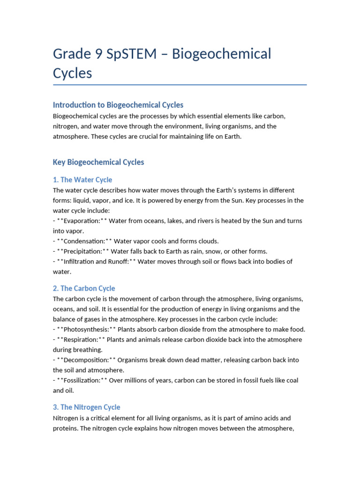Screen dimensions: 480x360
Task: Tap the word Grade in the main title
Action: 71,54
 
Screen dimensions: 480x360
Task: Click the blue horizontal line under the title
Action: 180,85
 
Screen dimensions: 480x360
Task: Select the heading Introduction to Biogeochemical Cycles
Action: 118,105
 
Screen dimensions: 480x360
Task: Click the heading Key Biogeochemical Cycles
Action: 98,162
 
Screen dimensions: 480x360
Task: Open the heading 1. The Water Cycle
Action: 82,180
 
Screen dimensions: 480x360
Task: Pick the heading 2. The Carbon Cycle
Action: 84,288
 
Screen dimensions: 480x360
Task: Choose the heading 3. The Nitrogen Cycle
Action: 87,407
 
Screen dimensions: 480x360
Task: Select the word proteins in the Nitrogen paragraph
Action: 65,428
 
